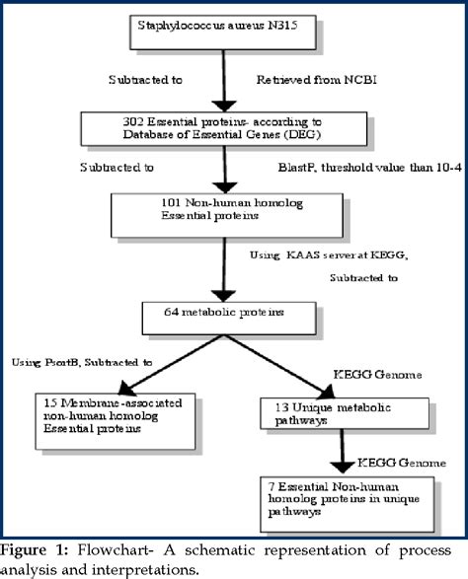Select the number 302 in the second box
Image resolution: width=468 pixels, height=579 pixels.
pyautogui.click(x=129, y=120)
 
